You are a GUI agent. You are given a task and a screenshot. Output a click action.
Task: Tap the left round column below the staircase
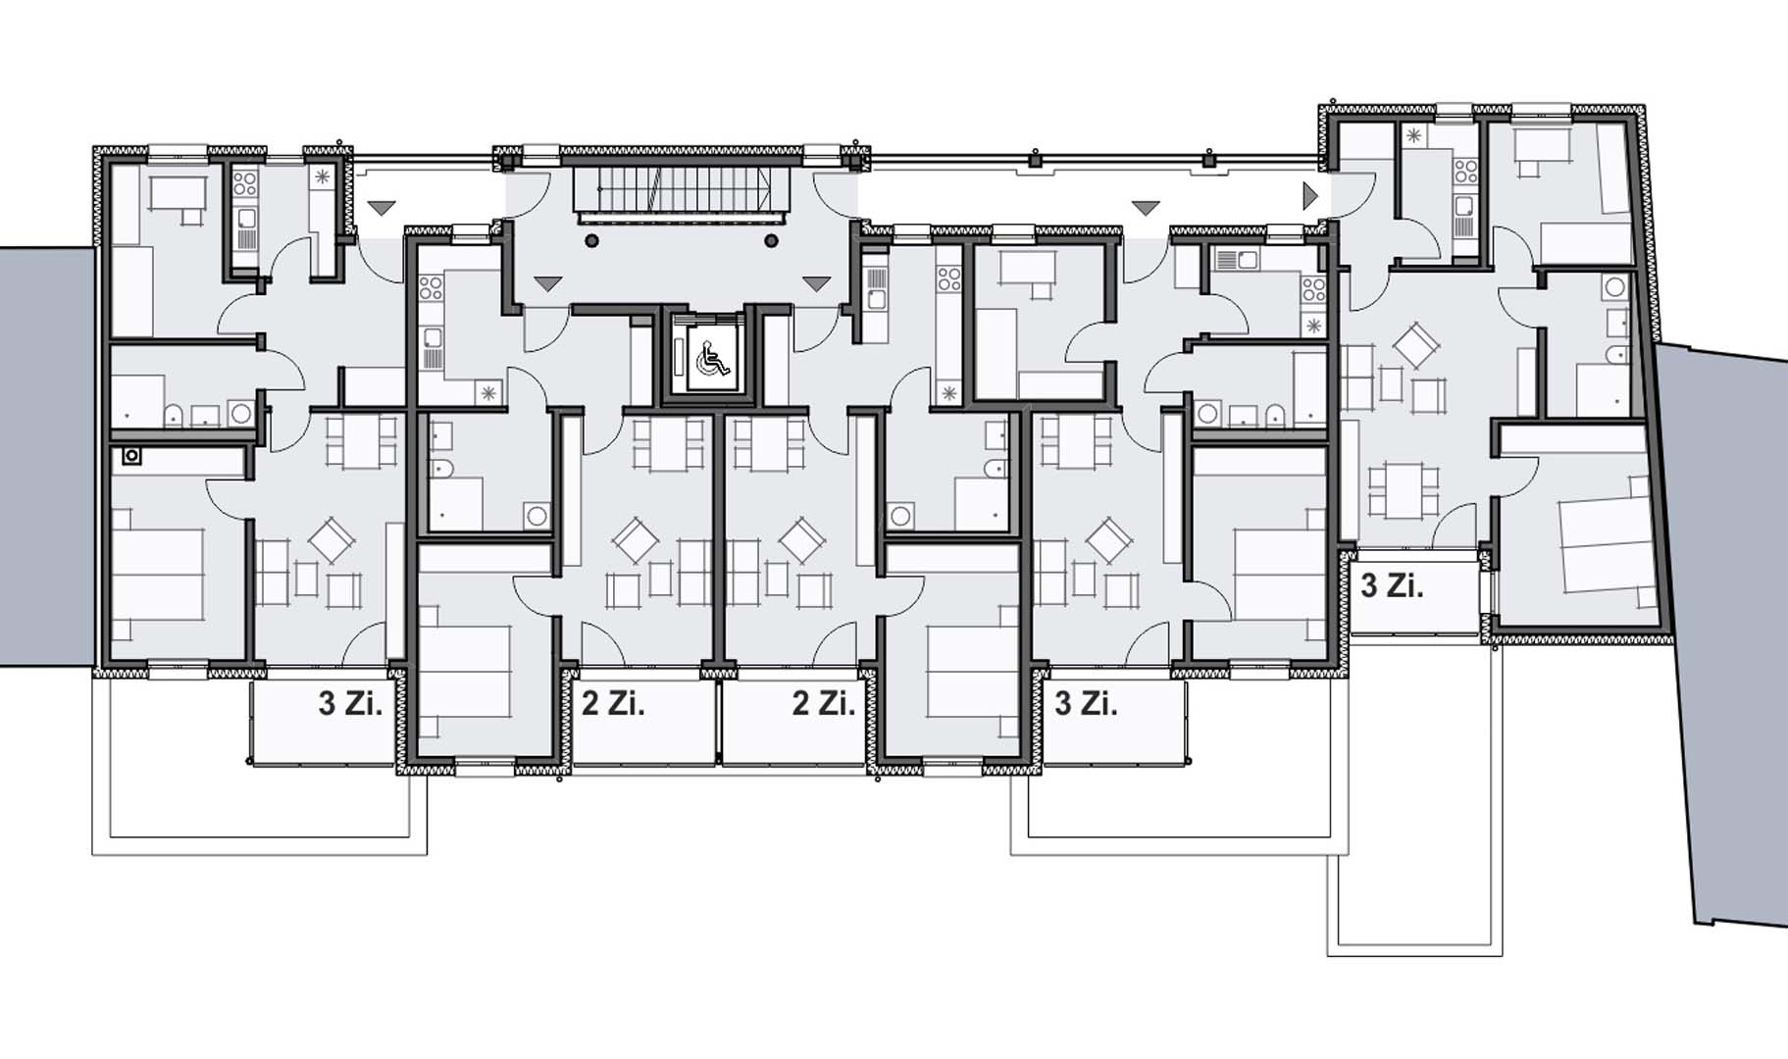591,241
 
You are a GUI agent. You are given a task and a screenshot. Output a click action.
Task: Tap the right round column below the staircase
772,241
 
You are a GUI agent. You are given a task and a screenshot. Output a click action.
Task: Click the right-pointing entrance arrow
1310,196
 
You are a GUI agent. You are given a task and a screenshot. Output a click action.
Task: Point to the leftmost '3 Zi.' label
350,703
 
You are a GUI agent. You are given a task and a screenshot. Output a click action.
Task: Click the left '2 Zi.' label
613,703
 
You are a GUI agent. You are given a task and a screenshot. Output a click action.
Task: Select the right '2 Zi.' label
824,703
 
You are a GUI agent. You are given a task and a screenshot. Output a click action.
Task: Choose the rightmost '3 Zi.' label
1392,586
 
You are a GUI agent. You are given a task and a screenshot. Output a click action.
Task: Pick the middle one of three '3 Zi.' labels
1086,703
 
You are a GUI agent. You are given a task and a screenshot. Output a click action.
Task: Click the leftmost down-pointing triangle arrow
382,207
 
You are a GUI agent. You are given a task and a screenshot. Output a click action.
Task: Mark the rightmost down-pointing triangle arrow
1146,207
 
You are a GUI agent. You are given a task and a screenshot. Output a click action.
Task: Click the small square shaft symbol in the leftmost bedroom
132,456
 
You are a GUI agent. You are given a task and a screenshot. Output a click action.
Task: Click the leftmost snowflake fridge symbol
323,178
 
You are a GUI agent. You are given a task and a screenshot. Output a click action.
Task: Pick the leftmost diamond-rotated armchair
332,540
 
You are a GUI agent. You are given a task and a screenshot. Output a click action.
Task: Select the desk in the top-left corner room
178,194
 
